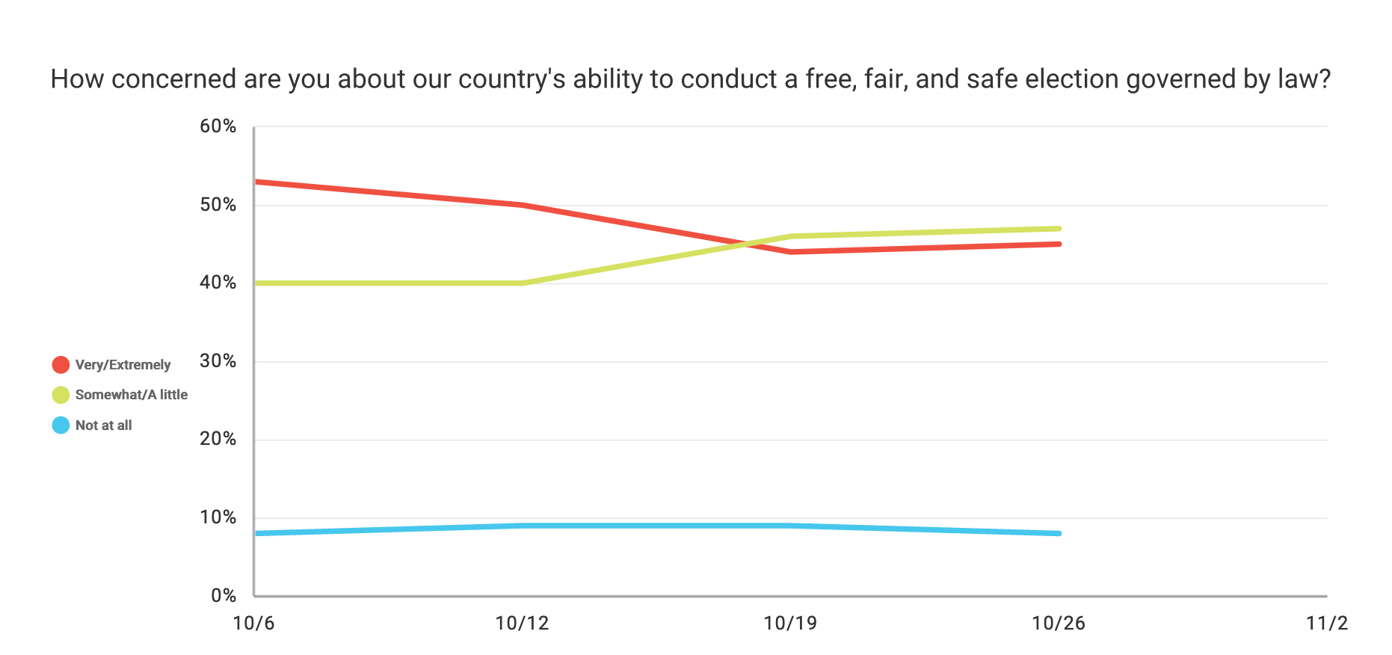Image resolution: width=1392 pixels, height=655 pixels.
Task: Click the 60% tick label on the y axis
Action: pos(218,126)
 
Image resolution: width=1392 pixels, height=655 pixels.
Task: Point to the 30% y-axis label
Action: pos(218,361)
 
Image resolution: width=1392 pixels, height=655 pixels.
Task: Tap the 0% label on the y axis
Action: pos(223,596)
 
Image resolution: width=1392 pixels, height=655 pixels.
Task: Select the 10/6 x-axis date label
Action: pos(253,624)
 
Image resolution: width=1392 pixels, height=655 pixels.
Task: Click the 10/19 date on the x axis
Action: pos(790,624)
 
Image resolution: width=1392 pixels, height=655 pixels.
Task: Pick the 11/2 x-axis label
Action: pos(1326,624)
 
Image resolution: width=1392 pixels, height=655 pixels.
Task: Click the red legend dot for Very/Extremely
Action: pos(61,365)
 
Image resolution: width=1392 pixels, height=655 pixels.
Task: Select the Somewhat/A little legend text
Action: pos(131,395)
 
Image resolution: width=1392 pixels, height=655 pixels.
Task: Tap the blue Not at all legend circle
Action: pos(61,425)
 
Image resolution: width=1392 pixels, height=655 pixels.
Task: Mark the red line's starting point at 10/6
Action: pos(256,182)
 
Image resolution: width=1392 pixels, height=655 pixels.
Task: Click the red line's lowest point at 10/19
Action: pos(790,252)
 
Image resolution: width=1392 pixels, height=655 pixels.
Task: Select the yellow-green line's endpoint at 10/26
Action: pos(1059,229)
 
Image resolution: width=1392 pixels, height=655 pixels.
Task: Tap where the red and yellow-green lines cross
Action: pos(746,244)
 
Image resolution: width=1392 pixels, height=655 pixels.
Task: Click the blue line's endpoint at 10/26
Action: pos(1059,533)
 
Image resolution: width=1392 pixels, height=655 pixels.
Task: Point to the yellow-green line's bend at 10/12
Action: pos(522,283)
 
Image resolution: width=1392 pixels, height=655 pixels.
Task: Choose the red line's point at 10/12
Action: pos(522,205)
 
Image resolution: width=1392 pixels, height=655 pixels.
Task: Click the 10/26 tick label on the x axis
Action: pos(1058,624)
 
